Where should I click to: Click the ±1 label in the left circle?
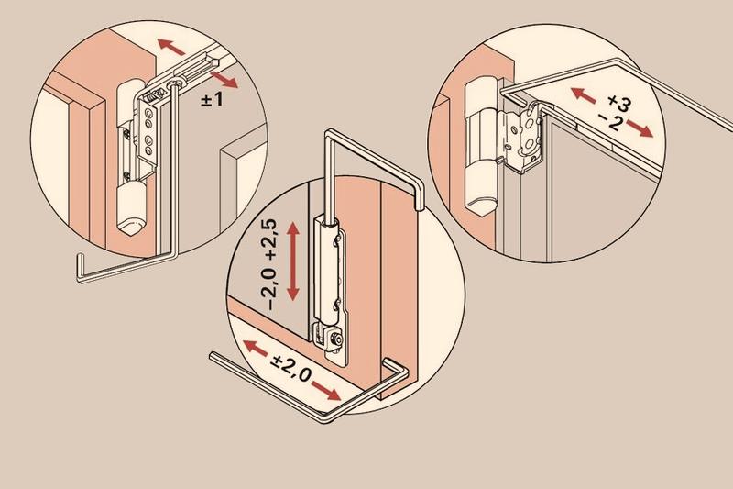tap(212, 99)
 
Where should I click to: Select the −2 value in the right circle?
tap(610, 122)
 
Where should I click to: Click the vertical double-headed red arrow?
tap(292, 261)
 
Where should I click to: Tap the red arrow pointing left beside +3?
tap(583, 95)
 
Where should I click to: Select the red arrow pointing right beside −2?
tap(640, 128)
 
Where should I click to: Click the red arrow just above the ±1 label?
tap(224, 80)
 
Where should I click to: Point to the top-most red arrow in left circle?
tap(171, 48)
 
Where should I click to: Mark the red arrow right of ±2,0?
tap(326, 390)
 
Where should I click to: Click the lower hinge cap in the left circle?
tap(131, 207)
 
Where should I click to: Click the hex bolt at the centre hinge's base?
tap(334, 339)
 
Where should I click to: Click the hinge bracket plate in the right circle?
tap(522, 135)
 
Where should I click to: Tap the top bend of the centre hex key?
tap(329, 133)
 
